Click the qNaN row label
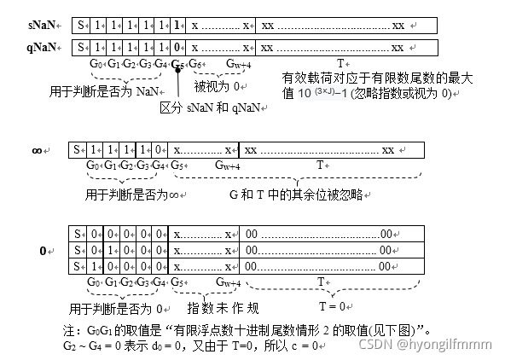click(39, 47)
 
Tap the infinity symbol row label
click(37, 150)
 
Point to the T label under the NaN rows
click(340, 63)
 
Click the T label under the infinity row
click(321, 165)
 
